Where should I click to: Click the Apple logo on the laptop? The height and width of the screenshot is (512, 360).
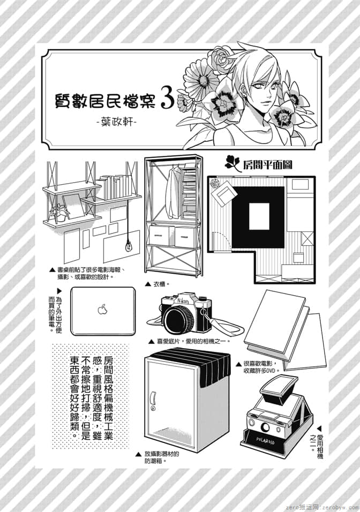pyautogui.click(x=102, y=308)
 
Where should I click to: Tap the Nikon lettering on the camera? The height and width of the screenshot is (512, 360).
pyautogui.click(x=183, y=301)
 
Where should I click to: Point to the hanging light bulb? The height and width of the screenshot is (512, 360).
pyautogui.click(x=129, y=245)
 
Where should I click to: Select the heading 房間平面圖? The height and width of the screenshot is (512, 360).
pyautogui.click(x=267, y=165)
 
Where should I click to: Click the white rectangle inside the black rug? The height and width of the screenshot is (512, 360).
pyautogui.click(x=259, y=216)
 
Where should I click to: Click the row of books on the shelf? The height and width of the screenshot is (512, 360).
pyautogui.click(x=114, y=187)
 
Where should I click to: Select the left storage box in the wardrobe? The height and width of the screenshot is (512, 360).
pyautogui.click(x=160, y=235)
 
